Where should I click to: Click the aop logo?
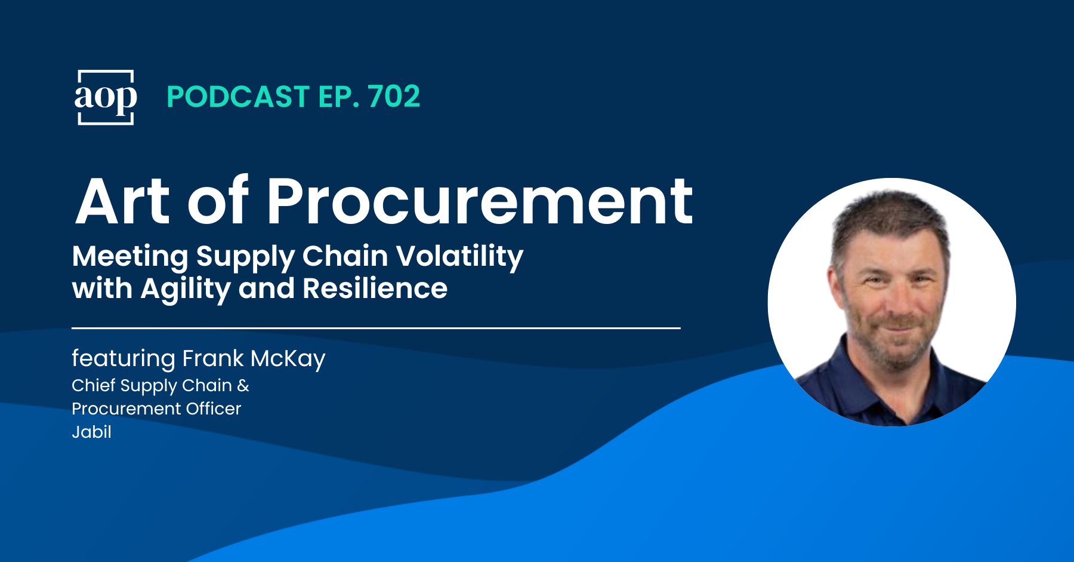click(x=106, y=97)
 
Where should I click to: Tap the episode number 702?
click(x=394, y=97)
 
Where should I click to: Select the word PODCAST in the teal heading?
click(x=238, y=97)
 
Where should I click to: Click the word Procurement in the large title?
click(x=480, y=202)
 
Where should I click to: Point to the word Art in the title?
click(x=123, y=202)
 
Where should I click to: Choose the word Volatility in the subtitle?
click(x=459, y=257)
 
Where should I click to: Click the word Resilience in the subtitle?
click(x=375, y=289)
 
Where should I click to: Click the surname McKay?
click(x=288, y=359)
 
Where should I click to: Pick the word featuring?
click(x=124, y=359)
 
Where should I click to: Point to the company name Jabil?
click(x=91, y=431)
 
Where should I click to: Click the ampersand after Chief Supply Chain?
click(x=243, y=386)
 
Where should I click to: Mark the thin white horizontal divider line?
click(x=376, y=328)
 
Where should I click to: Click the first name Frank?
click(x=213, y=358)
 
